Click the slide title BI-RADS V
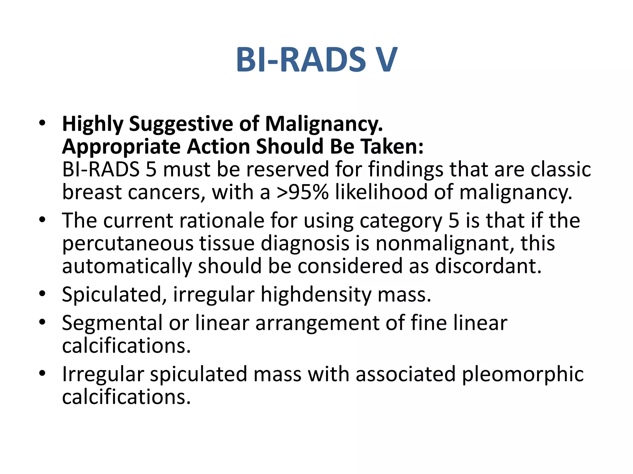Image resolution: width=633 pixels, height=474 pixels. click(316, 60)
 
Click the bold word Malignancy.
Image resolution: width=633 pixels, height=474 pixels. click(324, 124)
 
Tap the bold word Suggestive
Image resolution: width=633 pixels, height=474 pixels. click(181, 124)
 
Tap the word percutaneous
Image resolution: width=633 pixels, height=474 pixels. click(128, 244)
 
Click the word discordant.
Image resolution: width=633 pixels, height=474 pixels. click(488, 266)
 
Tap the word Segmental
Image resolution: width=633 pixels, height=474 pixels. click(112, 323)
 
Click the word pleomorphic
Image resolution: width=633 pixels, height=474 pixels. click(523, 375)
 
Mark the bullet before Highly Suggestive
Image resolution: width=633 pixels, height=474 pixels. click(42, 123)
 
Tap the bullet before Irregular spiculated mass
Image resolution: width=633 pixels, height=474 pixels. click(42, 373)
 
